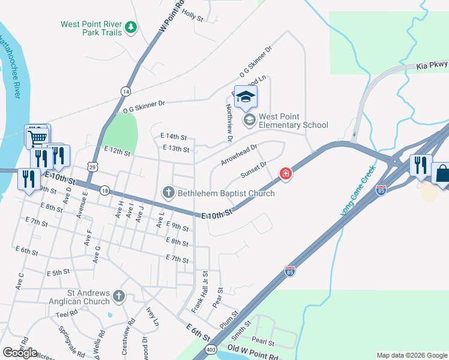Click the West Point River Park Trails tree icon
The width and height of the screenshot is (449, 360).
tap(130, 27)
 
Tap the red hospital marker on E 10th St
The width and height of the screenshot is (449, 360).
tap(286, 174)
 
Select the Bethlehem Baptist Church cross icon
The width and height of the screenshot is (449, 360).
tap(169, 193)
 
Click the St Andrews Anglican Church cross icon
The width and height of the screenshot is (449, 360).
tap(119, 296)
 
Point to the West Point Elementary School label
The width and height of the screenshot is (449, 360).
tap(294, 121)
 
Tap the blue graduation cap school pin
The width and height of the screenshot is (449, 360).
tap(246, 96)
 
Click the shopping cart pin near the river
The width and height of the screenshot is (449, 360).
tap(38, 137)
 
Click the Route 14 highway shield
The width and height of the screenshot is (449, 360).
tap(125, 91)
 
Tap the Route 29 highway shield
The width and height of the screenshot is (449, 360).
tap(91, 165)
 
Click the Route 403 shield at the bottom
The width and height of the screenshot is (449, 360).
tap(211, 349)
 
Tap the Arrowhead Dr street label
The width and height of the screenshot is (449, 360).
tap(238, 154)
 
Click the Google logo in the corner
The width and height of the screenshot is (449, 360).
tap(20, 353)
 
